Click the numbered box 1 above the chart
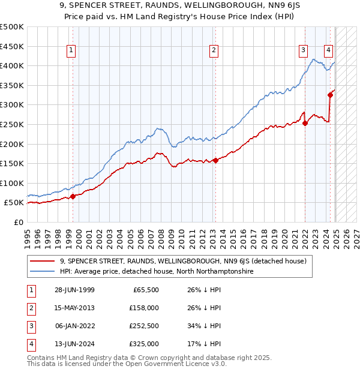point(71,50)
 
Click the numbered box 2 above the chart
point(214,50)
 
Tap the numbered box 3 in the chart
point(304,50)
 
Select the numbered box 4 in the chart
point(329,50)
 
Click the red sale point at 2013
point(215,160)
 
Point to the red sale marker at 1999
point(73,196)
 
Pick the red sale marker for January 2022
point(305,123)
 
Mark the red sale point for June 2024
point(330,95)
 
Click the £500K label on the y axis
point(12,27)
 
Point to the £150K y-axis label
point(12,163)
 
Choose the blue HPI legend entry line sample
point(43,271)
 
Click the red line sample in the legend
point(43,261)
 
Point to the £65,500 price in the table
point(146,290)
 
